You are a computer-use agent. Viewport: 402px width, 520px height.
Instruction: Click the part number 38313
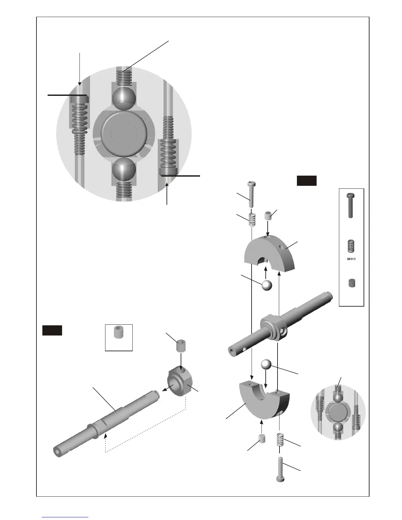click(351, 259)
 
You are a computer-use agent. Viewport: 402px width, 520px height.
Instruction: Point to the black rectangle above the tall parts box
click(306, 181)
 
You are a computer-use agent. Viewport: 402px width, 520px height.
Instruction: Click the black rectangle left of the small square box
click(52, 330)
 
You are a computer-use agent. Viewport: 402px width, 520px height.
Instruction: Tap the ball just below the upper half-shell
click(267, 285)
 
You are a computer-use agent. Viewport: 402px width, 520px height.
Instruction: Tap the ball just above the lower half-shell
click(267, 365)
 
